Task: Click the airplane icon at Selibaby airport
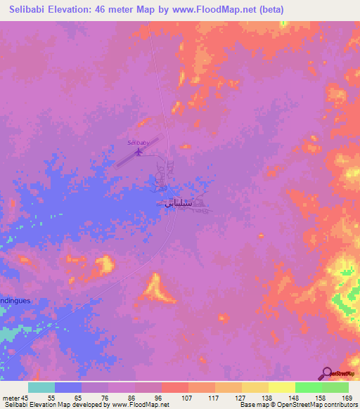tap(139, 150)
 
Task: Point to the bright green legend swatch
tap(309, 387)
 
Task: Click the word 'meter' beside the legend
tap(11, 397)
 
